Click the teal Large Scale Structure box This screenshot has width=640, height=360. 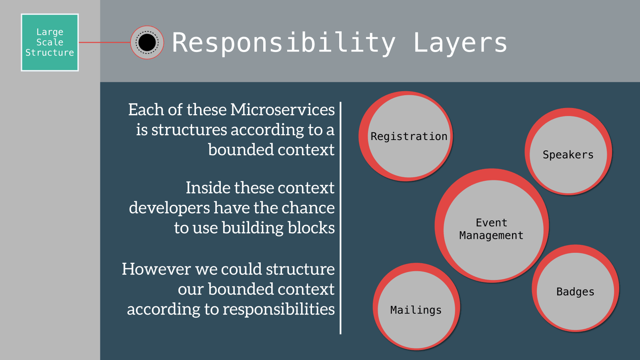tap(50, 42)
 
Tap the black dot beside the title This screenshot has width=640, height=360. tap(147, 42)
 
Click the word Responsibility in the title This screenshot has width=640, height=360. tap(284, 42)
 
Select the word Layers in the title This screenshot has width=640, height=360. tap(460, 42)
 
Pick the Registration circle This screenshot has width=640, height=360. tap(408, 136)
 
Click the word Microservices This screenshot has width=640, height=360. tap(282, 110)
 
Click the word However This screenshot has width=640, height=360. tap(156, 269)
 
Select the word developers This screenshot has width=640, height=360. tap(169, 208)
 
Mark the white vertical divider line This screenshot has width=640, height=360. tap(340, 218)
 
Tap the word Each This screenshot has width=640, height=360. tap(141, 110)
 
